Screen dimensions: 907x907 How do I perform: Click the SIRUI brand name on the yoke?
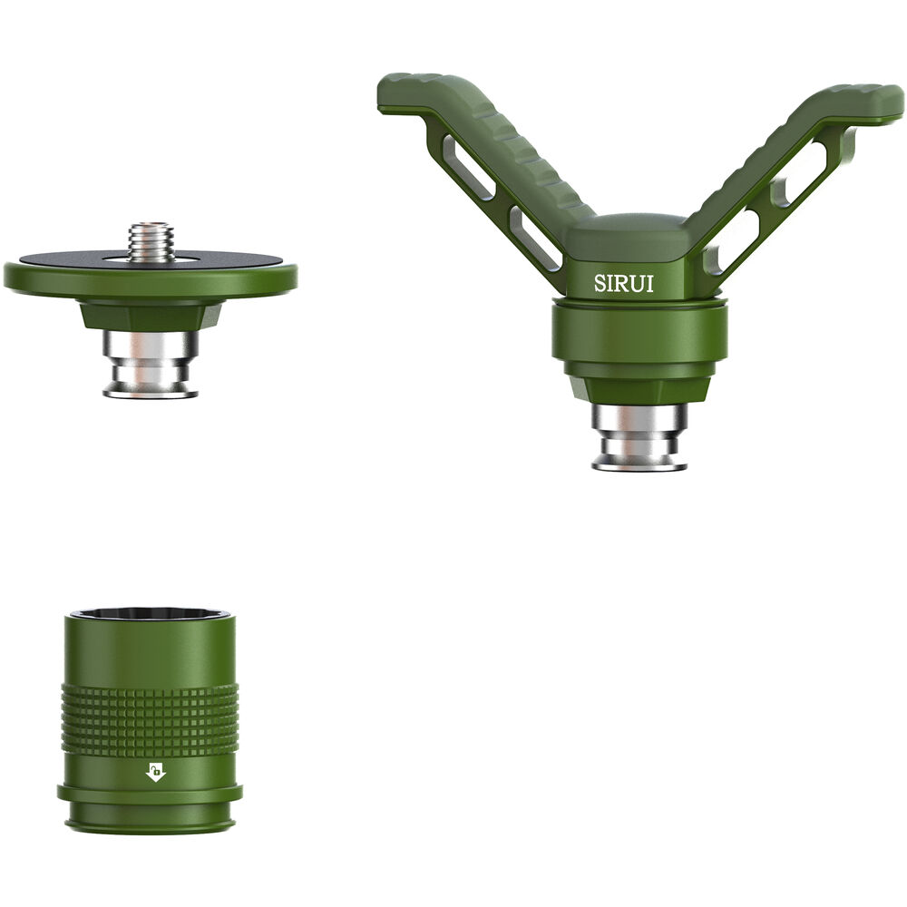[623, 283]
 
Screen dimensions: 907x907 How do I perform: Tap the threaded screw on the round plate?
[151, 242]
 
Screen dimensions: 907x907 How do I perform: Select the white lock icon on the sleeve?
[155, 772]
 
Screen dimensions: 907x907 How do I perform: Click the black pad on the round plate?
[82, 259]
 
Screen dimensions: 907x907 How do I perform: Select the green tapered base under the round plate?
[151, 316]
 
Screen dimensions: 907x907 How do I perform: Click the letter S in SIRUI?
[600, 283]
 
